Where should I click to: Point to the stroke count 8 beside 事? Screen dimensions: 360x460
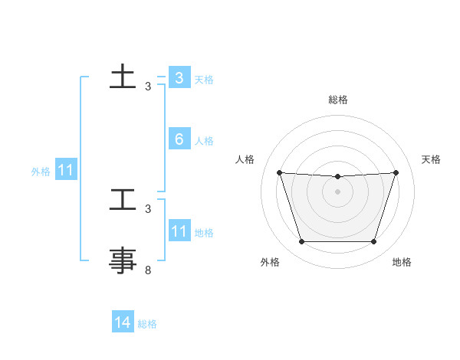point(148,270)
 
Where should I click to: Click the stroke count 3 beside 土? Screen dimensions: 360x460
point(148,87)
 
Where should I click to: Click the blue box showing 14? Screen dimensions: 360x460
point(123,323)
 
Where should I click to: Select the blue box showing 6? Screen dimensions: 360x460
point(179,139)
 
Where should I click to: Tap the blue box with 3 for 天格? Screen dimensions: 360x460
point(179,78)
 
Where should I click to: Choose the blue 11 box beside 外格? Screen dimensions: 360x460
point(66,171)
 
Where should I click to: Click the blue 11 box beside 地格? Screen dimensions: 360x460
point(179,231)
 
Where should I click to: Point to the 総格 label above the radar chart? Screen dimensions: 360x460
point(338,100)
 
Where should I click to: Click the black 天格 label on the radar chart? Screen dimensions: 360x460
point(431,159)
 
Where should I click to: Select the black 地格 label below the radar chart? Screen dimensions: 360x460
point(402,262)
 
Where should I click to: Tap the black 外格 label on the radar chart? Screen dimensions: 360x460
point(270,262)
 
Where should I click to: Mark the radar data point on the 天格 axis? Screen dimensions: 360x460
point(396,172)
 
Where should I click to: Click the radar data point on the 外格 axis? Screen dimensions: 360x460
point(301,242)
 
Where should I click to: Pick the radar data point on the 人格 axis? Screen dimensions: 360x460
point(279,172)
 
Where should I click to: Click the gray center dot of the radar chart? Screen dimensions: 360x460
point(338,191)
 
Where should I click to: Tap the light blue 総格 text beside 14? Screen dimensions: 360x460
point(147,324)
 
